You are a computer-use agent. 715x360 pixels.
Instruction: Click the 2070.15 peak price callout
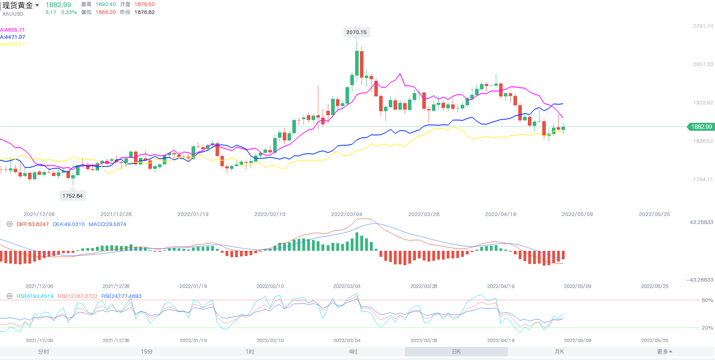click(356, 32)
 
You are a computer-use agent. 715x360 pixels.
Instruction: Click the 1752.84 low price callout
click(72, 196)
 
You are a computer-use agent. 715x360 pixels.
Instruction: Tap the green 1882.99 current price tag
click(701, 127)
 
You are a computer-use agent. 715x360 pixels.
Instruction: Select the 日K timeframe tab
click(456, 352)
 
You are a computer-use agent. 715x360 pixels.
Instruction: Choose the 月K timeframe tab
click(559, 352)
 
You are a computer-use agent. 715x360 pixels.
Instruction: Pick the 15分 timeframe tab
click(146, 352)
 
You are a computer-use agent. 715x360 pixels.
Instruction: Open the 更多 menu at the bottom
click(664, 352)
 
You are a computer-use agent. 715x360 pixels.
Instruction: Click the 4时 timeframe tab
click(353, 352)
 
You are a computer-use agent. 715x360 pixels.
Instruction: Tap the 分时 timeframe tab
click(44, 352)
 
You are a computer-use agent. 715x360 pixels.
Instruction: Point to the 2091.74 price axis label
click(703, 26)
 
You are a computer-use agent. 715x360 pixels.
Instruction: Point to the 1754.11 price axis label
click(703, 180)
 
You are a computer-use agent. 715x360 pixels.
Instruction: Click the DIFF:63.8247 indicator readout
click(32, 224)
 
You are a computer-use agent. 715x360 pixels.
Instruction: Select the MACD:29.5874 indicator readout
click(107, 224)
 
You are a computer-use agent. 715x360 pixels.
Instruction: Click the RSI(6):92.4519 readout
click(35, 296)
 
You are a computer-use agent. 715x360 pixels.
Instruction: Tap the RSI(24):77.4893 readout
click(121, 296)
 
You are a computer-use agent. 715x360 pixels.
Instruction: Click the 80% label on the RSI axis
click(707, 300)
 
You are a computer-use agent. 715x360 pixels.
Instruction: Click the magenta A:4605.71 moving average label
click(12, 30)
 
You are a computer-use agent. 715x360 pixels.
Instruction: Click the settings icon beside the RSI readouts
click(10, 296)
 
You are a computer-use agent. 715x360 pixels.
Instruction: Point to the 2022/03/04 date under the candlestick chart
click(346, 214)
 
